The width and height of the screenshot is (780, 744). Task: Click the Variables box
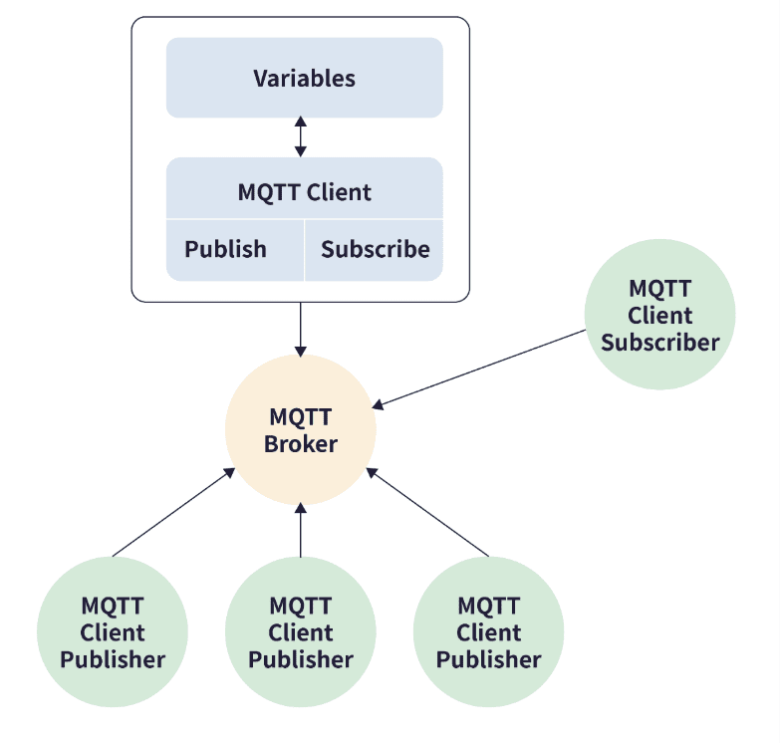(304, 78)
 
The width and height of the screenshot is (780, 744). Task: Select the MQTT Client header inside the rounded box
(304, 191)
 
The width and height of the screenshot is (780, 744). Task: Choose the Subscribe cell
(375, 250)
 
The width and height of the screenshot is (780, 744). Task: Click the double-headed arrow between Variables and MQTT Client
(300, 136)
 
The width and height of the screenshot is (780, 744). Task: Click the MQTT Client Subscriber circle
(659, 315)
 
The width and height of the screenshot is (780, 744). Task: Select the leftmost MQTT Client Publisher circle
(113, 631)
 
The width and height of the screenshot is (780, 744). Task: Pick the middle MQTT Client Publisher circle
(301, 631)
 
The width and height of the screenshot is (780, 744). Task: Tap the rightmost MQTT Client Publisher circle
(488, 631)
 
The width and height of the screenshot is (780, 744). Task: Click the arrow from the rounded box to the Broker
(300, 328)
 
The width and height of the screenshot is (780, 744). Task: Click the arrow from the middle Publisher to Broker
(300, 530)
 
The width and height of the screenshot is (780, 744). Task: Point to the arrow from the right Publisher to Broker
(429, 514)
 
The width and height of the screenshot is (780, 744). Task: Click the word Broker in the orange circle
(301, 444)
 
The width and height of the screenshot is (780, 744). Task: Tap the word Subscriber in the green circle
(659, 343)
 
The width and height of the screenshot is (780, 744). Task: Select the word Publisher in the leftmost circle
(113, 659)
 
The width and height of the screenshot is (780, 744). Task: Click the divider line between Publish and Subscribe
(304, 250)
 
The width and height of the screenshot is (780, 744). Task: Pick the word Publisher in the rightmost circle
(488, 659)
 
